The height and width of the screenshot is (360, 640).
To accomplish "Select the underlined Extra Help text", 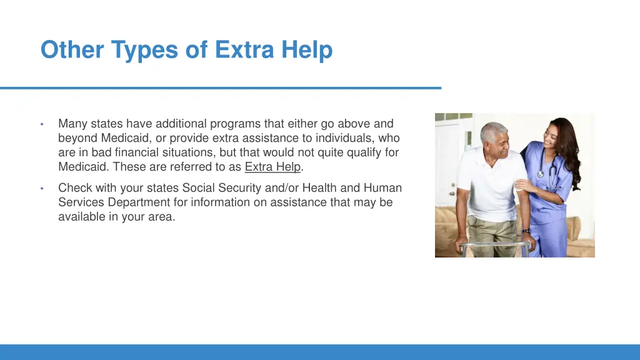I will (272, 167).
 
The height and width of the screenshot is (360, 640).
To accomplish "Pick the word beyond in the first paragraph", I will (78, 138).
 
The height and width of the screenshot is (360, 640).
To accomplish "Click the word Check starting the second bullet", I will (74, 188).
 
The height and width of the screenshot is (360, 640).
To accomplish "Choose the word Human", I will (382, 188).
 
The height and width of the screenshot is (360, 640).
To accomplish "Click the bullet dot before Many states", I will (41, 124).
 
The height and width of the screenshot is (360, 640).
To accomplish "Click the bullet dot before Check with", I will (41, 189).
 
